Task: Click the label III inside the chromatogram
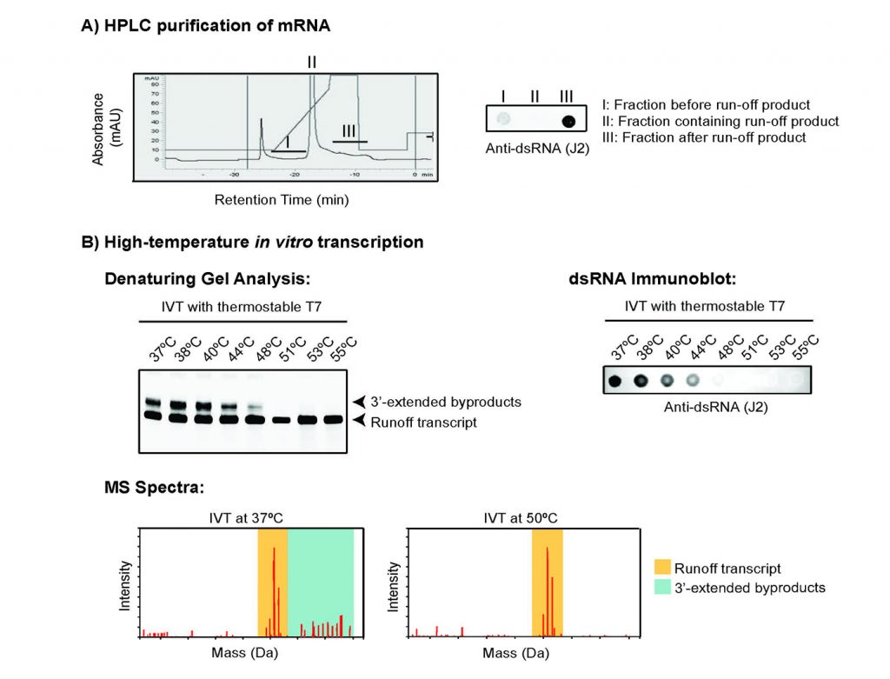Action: [x=349, y=130]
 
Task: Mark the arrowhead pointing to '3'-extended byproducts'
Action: [x=357, y=402]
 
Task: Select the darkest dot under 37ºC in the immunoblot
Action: [x=614, y=380]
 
